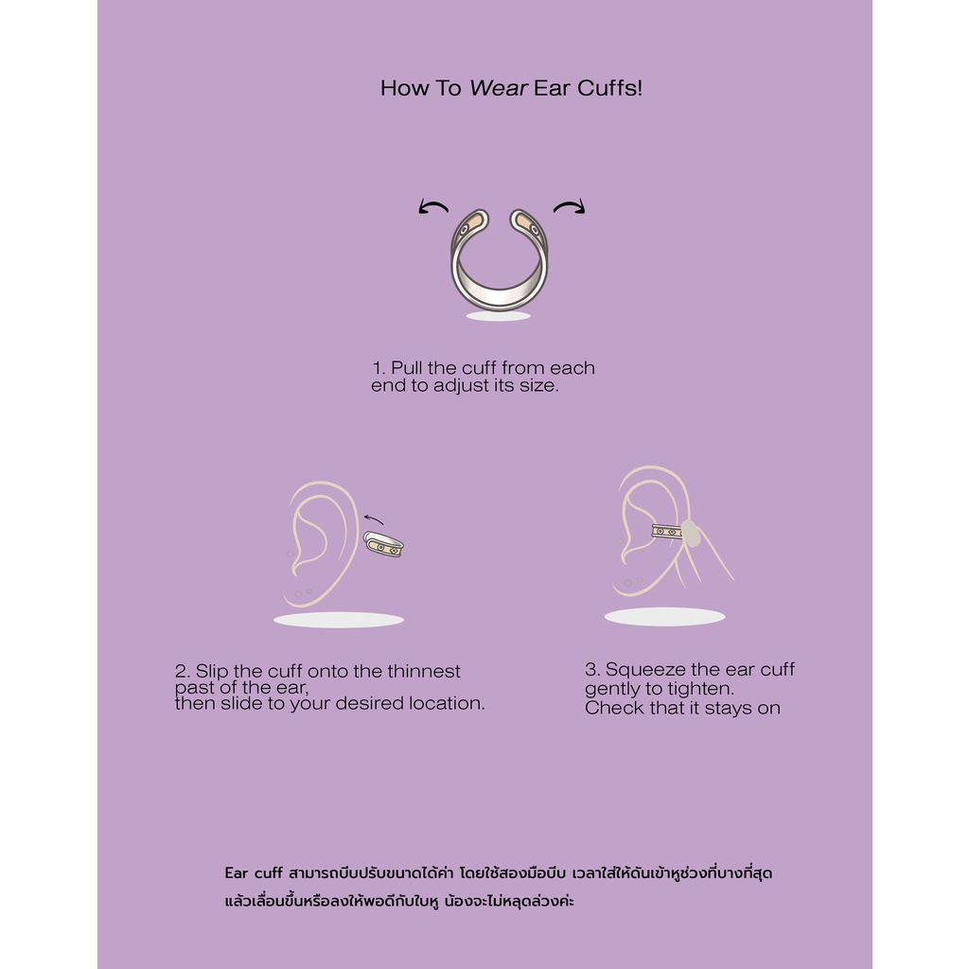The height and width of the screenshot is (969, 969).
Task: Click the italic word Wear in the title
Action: click(x=498, y=88)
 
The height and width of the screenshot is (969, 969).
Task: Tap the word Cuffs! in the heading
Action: click(x=610, y=88)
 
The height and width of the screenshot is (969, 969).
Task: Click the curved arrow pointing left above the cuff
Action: click(x=433, y=207)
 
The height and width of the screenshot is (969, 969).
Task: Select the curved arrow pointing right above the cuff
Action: click(x=569, y=206)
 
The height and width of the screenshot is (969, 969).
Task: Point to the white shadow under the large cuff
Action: click(x=498, y=316)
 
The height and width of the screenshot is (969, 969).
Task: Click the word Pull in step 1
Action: click(x=407, y=368)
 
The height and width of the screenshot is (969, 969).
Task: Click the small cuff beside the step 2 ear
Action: click(x=383, y=544)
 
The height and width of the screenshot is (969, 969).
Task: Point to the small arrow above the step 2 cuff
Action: click(x=373, y=520)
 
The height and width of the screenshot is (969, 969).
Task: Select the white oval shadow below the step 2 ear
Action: click(x=339, y=620)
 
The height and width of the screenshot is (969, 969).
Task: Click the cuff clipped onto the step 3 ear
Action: click(x=667, y=532)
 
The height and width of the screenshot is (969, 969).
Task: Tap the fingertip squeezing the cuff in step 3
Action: click(x=690, y=534)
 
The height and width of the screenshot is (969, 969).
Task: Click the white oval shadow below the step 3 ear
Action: click(x=665, y=617)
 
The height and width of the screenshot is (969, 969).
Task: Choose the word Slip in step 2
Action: click(x=212, y=672)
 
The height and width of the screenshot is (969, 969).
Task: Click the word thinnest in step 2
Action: click(x=424, y=671)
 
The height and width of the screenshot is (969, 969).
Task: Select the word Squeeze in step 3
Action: click(x=645, y=670)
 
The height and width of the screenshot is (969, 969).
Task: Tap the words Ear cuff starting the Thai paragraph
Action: click(x=254, y=873)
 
